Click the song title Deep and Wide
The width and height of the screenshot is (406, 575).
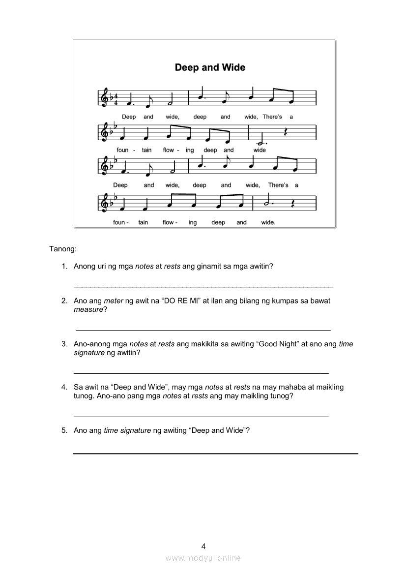tap(210, 68)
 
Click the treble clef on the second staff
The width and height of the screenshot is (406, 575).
tap(105, 132)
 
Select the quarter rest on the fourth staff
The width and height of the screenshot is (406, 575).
tap(291, 203)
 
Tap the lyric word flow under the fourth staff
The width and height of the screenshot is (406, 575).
tap(168, 222)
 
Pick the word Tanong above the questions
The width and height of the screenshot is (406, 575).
tap(62, 249)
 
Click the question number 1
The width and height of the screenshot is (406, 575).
tap(64, 266)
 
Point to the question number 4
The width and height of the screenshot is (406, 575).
tap(64, 387)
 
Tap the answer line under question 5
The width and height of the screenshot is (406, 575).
tap(215, 453)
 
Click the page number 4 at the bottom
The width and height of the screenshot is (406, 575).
tap(203, 546)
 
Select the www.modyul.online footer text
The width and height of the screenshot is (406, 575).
tap(203, 558)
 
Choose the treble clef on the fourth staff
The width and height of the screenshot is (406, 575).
tap(105, 203)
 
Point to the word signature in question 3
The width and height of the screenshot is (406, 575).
tap(89, 353)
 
